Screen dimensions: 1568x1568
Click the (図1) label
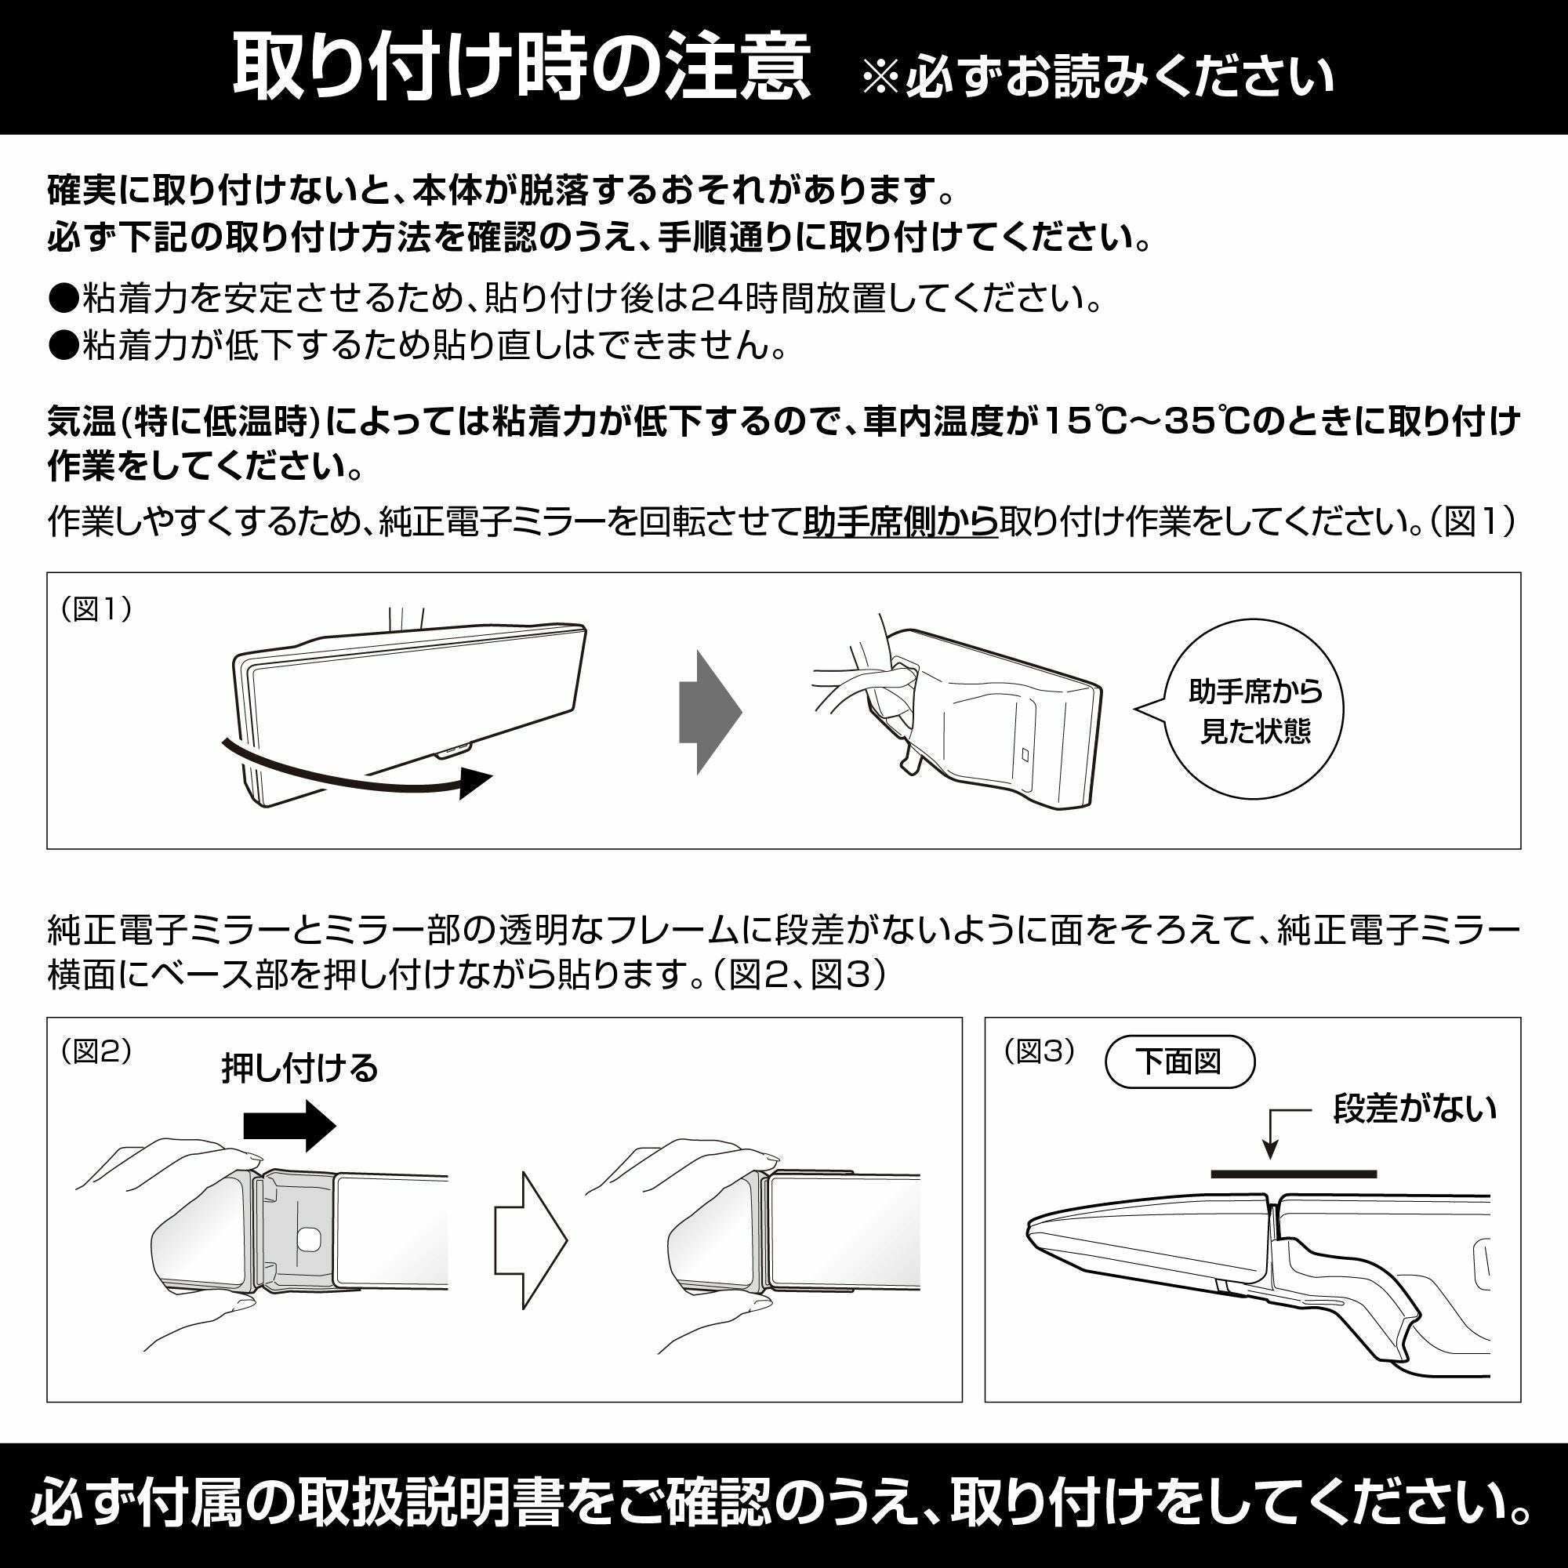tap(96, 608)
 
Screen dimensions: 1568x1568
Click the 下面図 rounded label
tap(1179, 1062)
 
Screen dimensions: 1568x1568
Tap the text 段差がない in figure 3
tap(1414, 1109)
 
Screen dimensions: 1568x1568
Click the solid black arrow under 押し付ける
tap(290, 1127)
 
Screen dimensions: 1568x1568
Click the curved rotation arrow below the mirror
tap(357, 771)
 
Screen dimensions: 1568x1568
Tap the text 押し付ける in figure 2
tap(299, 1069)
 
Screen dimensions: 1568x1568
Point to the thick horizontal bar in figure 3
tap(1294, 1174)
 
